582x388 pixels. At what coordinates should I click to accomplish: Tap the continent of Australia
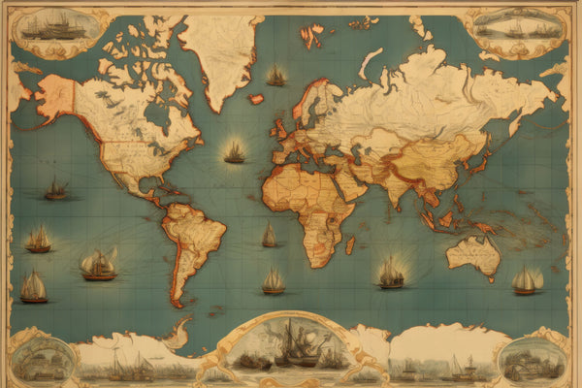pyautogui.click(x=473, y=255)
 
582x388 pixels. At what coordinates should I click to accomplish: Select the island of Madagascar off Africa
pyautogui.click(x=349, y=245)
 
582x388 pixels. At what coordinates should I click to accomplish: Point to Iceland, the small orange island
pyautogui.click(x=256, y=99)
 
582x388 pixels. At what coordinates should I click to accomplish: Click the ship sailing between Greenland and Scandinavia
pyautogui.click(x=276, y=76)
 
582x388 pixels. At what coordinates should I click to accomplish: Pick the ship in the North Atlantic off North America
pyautogui.click(x=235, y=152)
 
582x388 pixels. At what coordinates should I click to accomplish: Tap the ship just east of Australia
pyautogui.click(x=527, y=280)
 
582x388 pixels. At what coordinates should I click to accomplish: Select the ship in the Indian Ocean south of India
pyautogui.click(x=391, y=274)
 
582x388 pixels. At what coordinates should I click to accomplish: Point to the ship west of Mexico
pyautogui.click(x=56, y=190)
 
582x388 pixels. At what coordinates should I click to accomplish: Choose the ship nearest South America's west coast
pyautogui.click(x=98, y=265)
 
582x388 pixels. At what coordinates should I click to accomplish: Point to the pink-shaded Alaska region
pyautogui.click(x=55, y=97)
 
